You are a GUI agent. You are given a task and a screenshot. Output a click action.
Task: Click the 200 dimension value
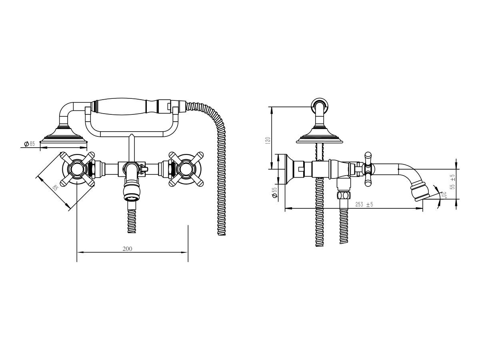point(127,249)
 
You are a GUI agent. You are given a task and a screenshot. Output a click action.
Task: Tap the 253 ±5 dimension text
point(364,204)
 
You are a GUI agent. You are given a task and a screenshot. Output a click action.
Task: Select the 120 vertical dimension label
point(268,140)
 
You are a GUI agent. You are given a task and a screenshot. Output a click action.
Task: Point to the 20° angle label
point(444,195)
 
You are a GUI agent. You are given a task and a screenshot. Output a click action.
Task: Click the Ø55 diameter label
point(274,192)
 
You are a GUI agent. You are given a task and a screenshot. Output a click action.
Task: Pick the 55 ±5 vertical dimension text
point(452,182)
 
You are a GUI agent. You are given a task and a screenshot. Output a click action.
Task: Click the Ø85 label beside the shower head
point(29,144)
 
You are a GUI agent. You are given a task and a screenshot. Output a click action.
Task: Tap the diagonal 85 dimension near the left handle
point(55,188)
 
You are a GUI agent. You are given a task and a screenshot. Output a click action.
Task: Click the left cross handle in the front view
point(77,169)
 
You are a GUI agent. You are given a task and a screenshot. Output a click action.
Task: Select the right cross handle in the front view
point(186,169)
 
